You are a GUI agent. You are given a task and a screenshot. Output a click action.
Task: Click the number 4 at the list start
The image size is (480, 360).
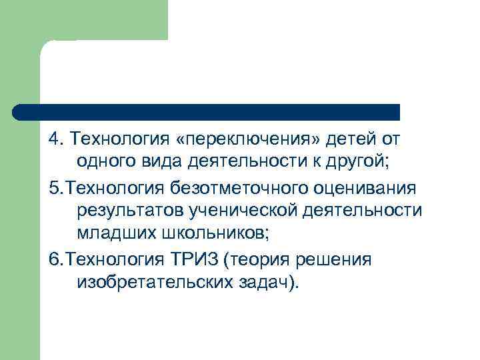tap(53, 139)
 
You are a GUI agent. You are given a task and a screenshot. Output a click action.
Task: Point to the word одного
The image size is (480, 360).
tap(107, 160)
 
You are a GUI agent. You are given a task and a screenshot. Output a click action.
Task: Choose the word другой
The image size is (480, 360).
tap(359, 160)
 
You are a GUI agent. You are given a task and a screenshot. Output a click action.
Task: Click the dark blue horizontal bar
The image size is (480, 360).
tap(207, 111)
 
